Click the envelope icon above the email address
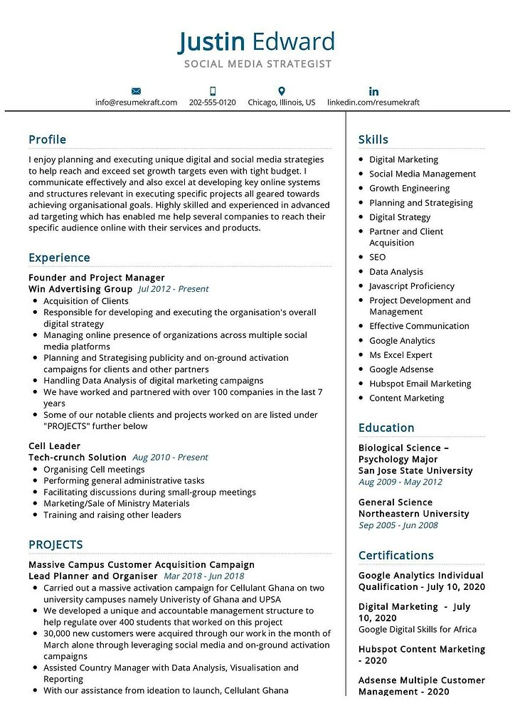click(x=137, y=91)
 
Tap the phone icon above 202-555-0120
click(x=213, y=91)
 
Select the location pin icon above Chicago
click(x=282, y=91)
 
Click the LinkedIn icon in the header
click(x=373, y=91)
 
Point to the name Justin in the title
click(x=211, y=42)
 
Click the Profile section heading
click(x=47, y=139)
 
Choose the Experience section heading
click(x=59, y=258)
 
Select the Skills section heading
click(x=373, y=139)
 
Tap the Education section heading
click(x=386, y=428)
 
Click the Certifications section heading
click(x=395, y=555)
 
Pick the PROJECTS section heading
click(x=55, y=545)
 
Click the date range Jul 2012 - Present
click(x=174, y=289)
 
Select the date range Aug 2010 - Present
click(x=170, y=458)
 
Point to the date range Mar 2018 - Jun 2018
click(x=203, y=576)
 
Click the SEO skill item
click(x=377, y=257)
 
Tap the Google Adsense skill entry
click(x=400, y=369)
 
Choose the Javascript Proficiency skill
click(x=411, y=286)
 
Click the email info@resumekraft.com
click(x=137, y=102)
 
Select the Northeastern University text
click(x=413, y=514)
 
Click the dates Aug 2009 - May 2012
click(x=400, y=482)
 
